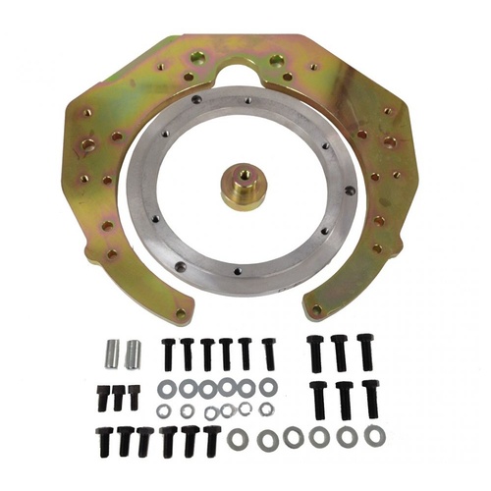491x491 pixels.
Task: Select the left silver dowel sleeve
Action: tap(111, 352)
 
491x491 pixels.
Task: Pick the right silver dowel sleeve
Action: tap(133, 352)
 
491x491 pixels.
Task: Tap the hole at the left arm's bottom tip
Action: tap(180, 313)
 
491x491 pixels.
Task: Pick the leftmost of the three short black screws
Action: tap(103, 397)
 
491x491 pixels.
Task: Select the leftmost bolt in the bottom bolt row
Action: tap(103, 441)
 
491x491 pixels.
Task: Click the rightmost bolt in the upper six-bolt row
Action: tap(268, 353)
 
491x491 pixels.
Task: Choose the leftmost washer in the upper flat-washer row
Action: tap(167, 388)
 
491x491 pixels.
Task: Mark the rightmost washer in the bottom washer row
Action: tap(374, 435)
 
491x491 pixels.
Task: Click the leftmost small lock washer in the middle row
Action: tap(164, 410)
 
